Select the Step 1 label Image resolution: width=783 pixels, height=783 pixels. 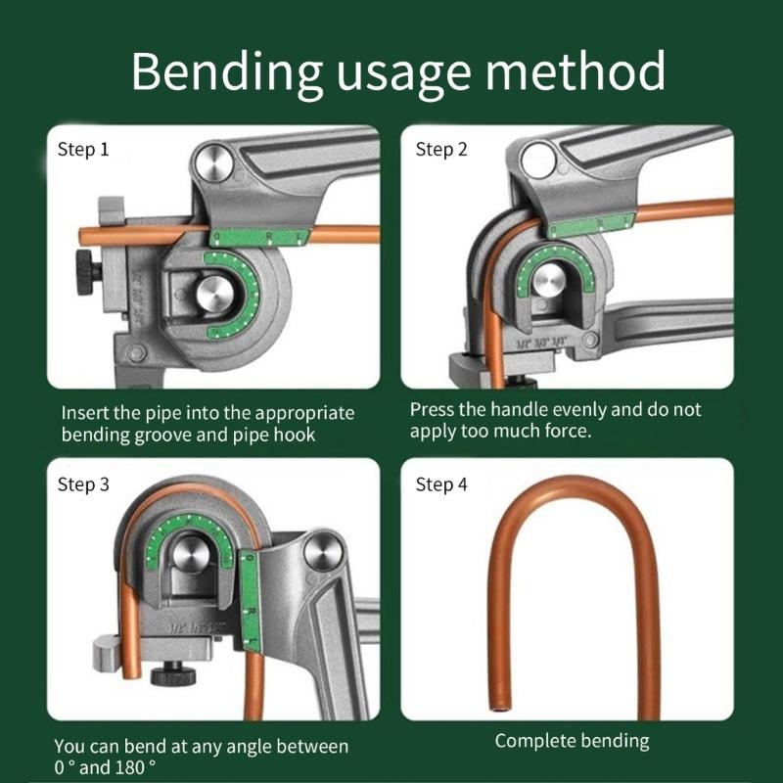pos(83,150)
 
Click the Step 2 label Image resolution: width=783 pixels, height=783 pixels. pos(441,150)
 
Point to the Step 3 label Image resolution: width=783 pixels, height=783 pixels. pos(83,484)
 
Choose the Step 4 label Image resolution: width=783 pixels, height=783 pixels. pos(441,484)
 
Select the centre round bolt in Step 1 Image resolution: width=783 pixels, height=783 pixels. pos(211,295)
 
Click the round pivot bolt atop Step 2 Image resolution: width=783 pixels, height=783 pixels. pos(536,160)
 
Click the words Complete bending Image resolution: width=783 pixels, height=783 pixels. pos(572,741)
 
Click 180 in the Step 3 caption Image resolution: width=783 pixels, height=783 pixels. pos(140,767)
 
